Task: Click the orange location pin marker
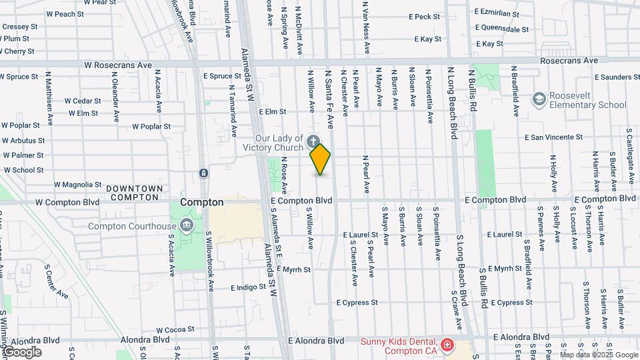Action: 321,159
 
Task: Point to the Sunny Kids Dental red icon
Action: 447,345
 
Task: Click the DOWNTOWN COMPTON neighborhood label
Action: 135,193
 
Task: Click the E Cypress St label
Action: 357,303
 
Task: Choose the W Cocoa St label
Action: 175,329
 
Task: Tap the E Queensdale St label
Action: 501,29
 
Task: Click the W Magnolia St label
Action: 78,184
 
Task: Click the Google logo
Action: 21,351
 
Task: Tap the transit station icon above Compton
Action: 203,173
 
